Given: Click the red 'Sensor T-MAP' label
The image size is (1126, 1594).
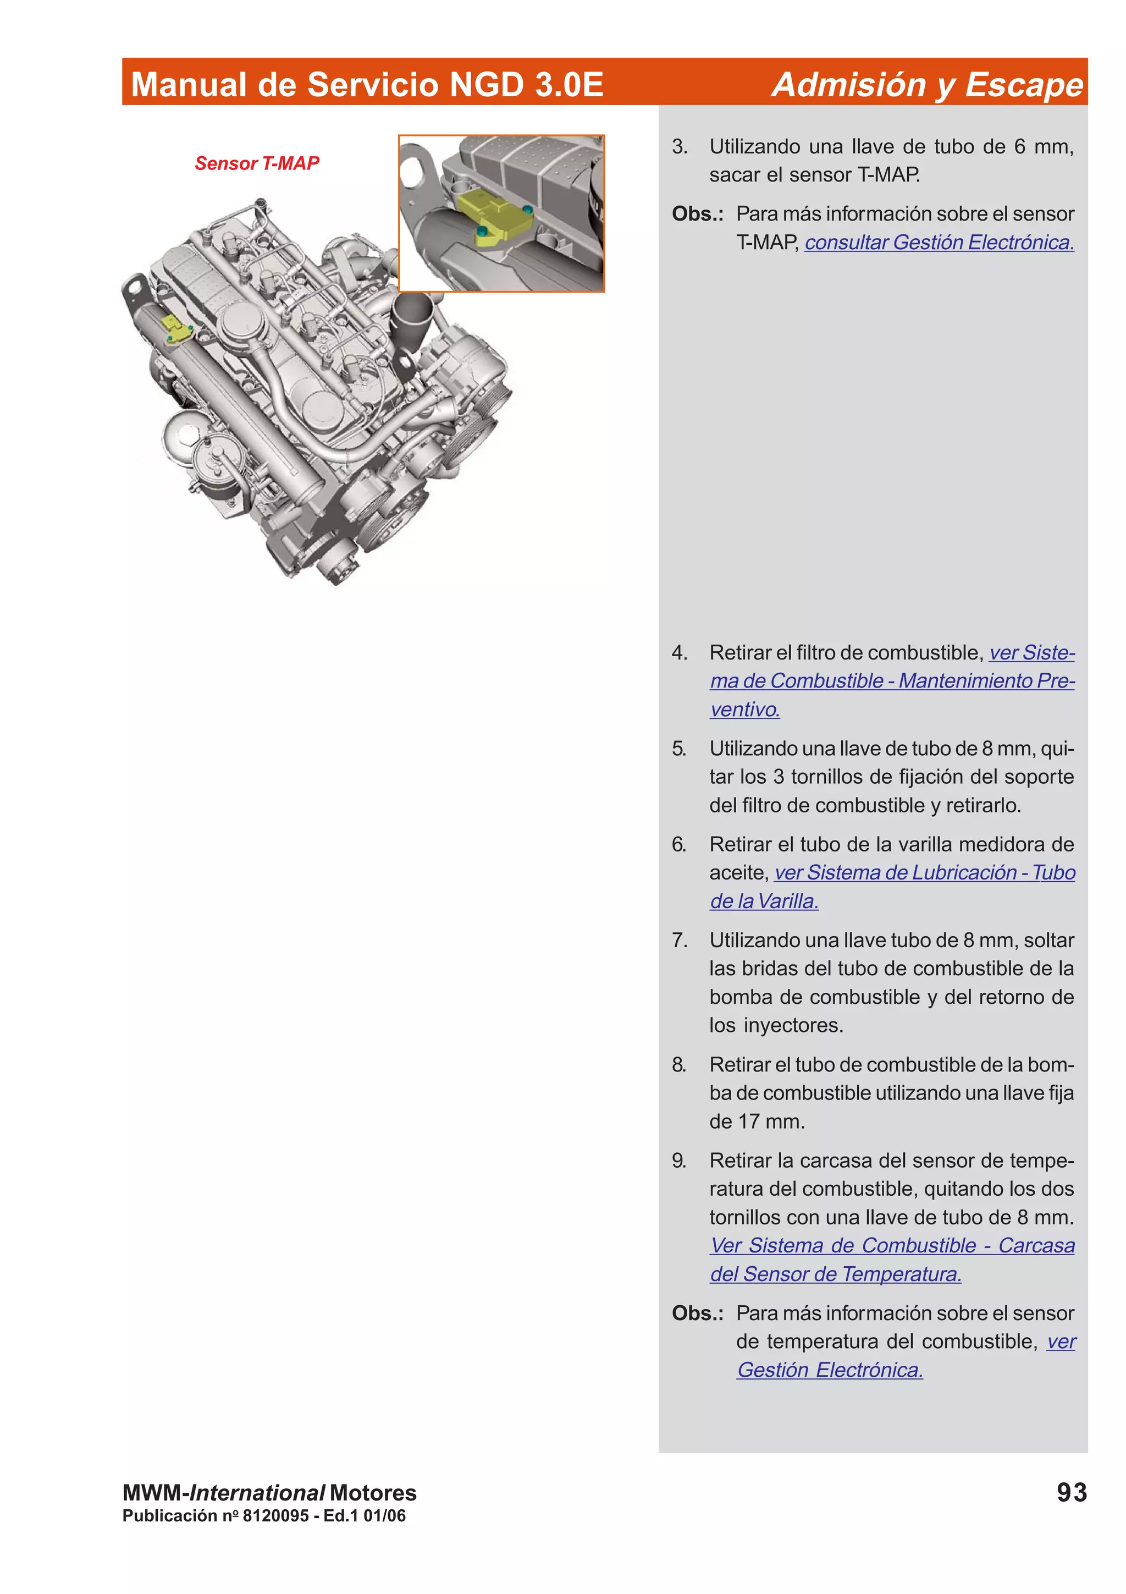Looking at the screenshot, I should pos(257,163).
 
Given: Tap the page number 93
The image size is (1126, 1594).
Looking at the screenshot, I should pos(1070,1493).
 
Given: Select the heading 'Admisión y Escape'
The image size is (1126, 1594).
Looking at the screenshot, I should pos(927,85).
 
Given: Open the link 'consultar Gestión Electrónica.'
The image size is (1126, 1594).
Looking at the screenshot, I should pos(939,243).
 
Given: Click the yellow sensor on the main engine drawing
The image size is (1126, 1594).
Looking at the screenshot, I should pos(176,329).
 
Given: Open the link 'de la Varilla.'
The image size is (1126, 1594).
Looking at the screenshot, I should pos(764,901).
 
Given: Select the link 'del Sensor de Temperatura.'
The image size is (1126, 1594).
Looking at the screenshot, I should pos(835,1274).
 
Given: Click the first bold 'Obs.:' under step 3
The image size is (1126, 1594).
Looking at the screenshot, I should pos(697,214).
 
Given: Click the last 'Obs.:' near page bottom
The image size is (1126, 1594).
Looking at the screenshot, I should pos(697,1313).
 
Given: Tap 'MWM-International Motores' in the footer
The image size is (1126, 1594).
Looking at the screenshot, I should pos(269,1493).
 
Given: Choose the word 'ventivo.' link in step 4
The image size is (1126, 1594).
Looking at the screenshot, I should pos(744,710).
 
